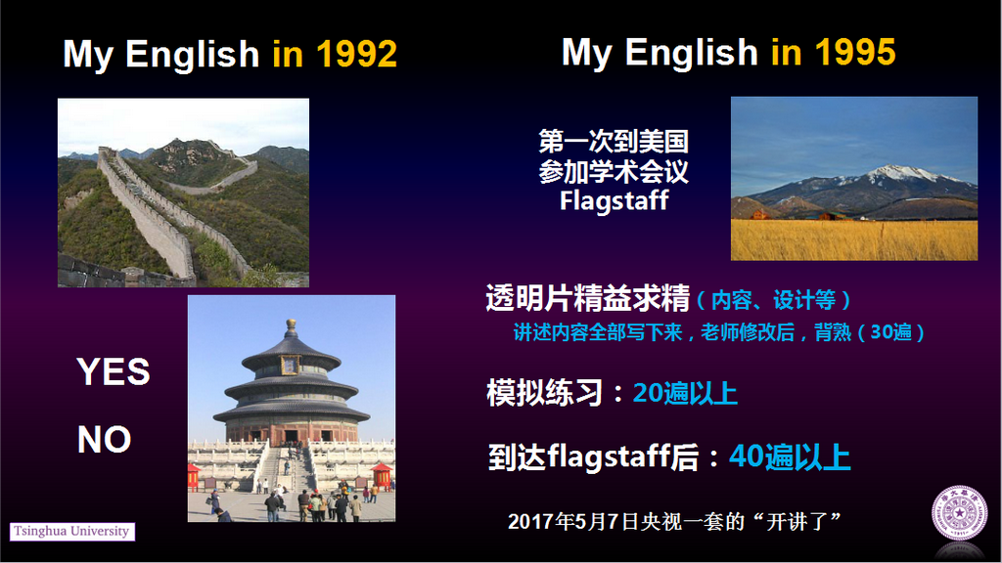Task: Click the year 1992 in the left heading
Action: (356, 54)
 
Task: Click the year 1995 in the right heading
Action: (855, 52)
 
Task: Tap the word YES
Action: (114, 371)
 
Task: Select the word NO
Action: (104, 439)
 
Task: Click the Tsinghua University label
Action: (71, 531)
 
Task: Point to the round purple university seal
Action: (959, 512)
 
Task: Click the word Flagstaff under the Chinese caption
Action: (615, 200)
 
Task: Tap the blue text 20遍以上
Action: (685, 393)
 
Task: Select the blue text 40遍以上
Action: (790, 456)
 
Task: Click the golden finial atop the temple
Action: (291, 326)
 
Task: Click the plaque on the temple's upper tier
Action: (290, 366)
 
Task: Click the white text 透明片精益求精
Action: (588, 298)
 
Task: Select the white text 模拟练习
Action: (544, 393)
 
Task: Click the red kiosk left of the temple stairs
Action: (193, 477)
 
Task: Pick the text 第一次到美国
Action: (614, 142)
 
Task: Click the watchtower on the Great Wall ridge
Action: (106, 152)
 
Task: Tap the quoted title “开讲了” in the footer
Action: (797, 522)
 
